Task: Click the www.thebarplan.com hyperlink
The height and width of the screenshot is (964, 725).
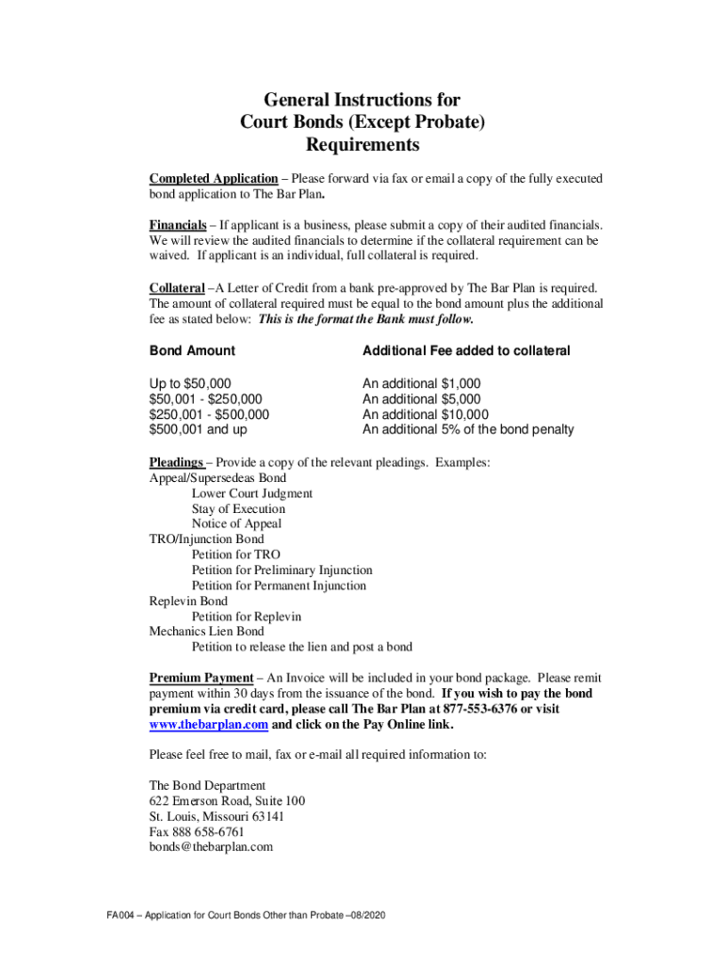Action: [209, 725]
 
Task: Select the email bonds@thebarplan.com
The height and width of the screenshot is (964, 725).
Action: [211, 847]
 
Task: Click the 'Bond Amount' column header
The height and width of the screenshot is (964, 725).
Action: [192, 351]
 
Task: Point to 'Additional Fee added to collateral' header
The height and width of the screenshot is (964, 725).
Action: [466, 351]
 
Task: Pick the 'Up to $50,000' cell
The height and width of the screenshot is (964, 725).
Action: [189, 384]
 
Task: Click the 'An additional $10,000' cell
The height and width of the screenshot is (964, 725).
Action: [426, 414]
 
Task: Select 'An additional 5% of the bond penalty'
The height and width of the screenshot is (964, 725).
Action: [468, 430]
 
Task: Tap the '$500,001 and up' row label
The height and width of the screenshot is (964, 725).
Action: [199, 430]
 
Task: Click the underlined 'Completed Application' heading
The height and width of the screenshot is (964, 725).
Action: [213, 179]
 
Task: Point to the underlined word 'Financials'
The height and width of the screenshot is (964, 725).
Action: [178, 226]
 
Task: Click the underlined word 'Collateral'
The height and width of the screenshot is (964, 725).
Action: [176, 287]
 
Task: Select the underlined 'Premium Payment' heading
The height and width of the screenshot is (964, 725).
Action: [201, 678]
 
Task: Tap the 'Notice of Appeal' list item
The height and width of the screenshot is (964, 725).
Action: [236, 523]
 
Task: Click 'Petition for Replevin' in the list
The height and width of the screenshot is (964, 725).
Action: [247, 616]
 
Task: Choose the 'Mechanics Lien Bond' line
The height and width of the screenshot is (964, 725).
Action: [206, 632]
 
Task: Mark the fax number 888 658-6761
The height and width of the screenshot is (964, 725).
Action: [210, 832]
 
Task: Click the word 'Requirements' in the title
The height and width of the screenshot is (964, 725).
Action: [362, 146]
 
